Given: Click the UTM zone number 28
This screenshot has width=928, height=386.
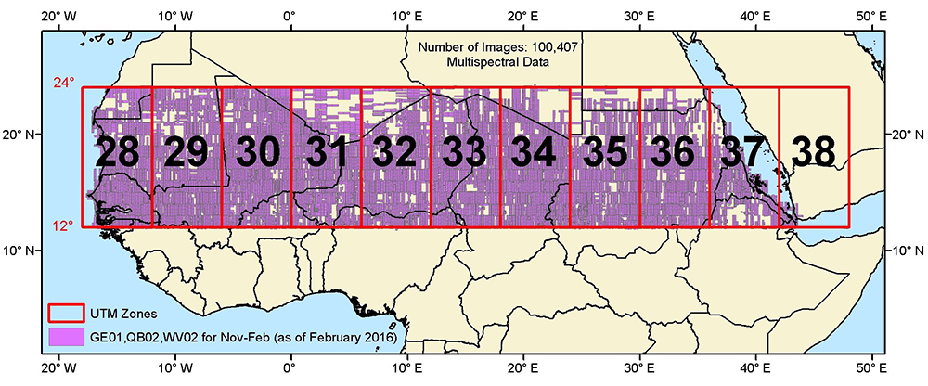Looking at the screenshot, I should pyautogui.click(x=117, y=153).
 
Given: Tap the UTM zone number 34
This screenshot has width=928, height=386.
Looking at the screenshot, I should pyautogui.click(x=534, y=153).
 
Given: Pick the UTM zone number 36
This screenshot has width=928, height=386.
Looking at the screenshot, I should pyautogui.click(x=675, y=153).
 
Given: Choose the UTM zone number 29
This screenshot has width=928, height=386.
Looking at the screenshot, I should pyautogui.click(x=186, y=153).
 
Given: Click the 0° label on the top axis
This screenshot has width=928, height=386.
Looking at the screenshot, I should pyautogui.click(x=290, y=16).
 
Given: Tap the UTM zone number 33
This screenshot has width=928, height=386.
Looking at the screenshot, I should pyautogui.click(x=464, y=153).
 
